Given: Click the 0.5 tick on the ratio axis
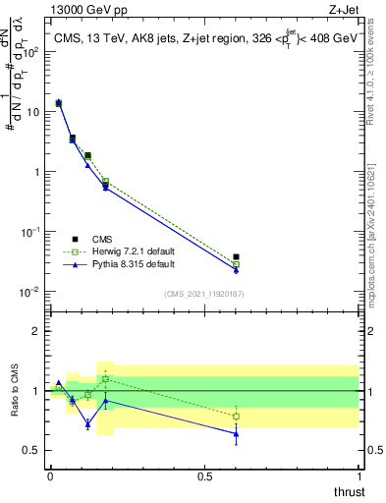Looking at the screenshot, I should coord(32,450).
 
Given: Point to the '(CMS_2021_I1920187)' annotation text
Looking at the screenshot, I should coord(202,293).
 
